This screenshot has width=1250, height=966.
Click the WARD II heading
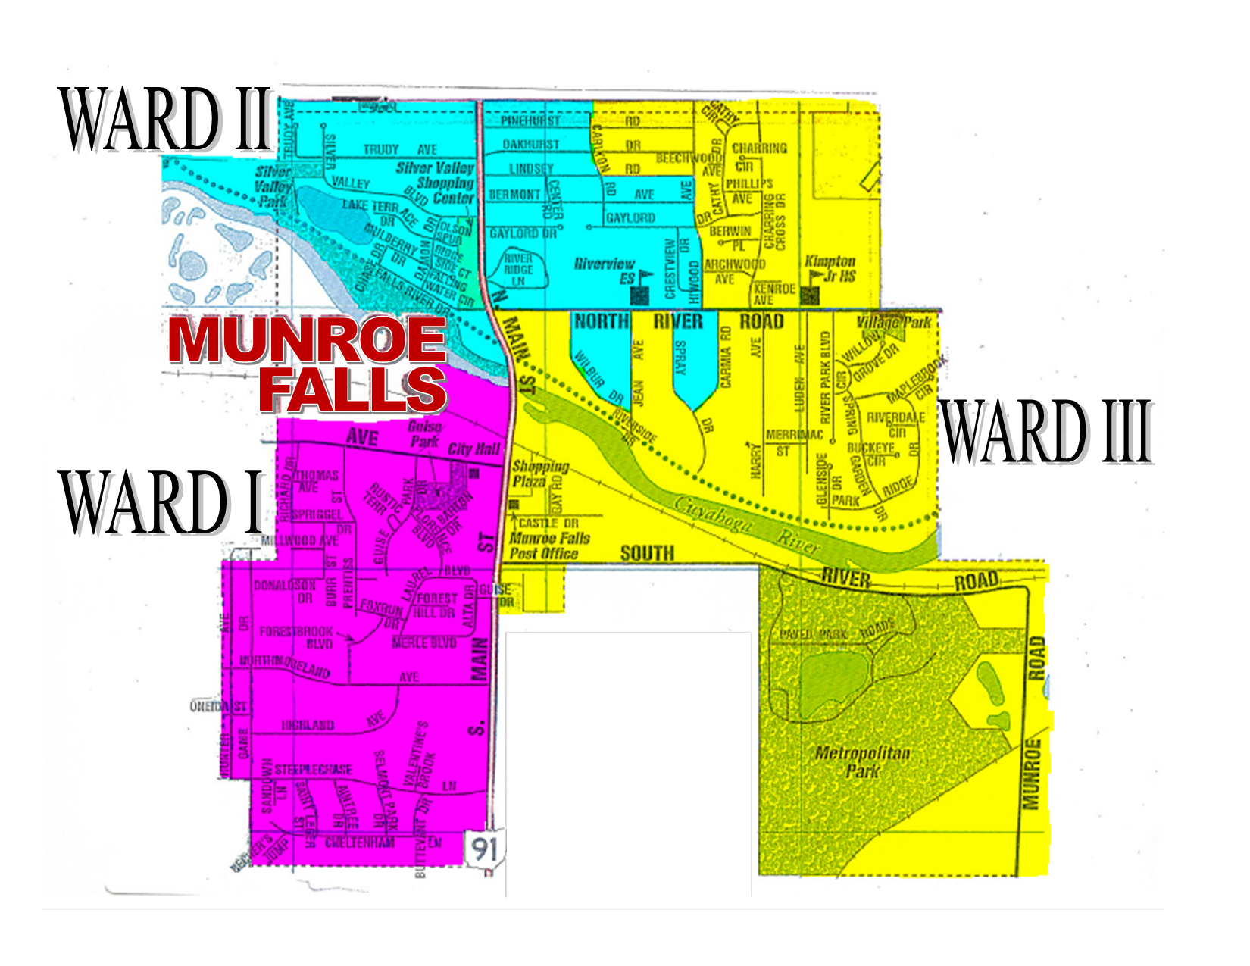[x=165, y=120]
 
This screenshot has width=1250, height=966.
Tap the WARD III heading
[x=1046, y=431]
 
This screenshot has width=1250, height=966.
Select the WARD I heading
[x=161, y=502]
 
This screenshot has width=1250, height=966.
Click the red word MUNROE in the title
[x=307, y=340]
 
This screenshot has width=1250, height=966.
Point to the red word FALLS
[x=353, y=389]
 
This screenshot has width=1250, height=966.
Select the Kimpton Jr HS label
[x=830, y=269]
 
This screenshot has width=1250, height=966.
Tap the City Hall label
[x=473, y=449]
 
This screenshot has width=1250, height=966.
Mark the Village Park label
[x=894, y=322]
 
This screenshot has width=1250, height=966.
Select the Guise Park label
[x=425, y=433]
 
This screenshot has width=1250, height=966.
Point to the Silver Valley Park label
[x=273, y=186]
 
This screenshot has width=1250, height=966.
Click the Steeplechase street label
[x=313, y=770]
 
